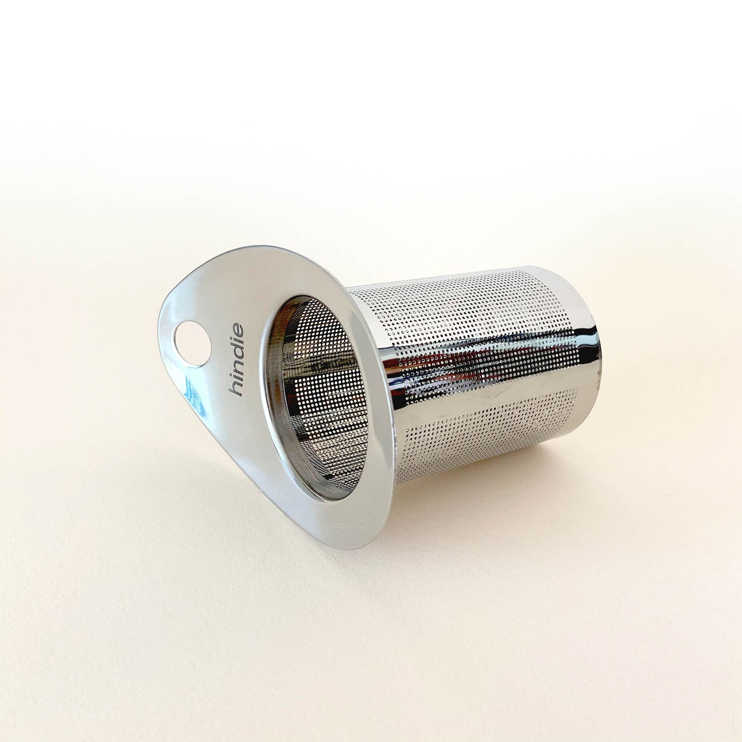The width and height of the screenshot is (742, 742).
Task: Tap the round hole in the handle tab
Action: pos(187,339)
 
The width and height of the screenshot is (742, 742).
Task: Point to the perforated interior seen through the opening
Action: pos(317,391)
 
